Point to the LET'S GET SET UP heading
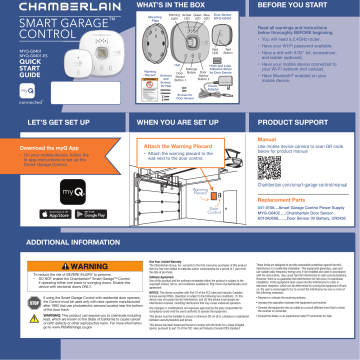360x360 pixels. (x=46, y=121)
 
